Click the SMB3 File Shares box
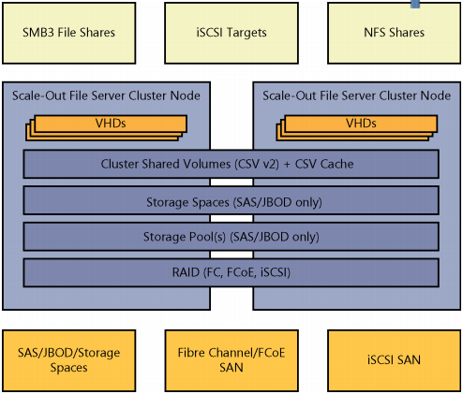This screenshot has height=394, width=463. pos(68,33)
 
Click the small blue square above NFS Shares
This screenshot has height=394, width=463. pos(415,3)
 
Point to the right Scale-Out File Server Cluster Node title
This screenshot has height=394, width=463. pos(356,95)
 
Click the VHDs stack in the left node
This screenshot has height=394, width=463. pos(109,125)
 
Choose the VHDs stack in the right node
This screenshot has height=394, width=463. pos(360,125)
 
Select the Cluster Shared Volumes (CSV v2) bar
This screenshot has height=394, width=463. pos(231,164)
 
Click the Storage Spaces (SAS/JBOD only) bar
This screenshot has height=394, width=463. pos(231,200)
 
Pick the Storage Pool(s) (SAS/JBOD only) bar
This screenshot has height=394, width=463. pos(231,236)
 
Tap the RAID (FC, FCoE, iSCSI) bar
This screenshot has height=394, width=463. pos(231,272)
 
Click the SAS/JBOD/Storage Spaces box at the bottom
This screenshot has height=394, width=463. pos(68,359)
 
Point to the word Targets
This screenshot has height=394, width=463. pos(246,33)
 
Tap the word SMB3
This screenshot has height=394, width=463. pos(37,33)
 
